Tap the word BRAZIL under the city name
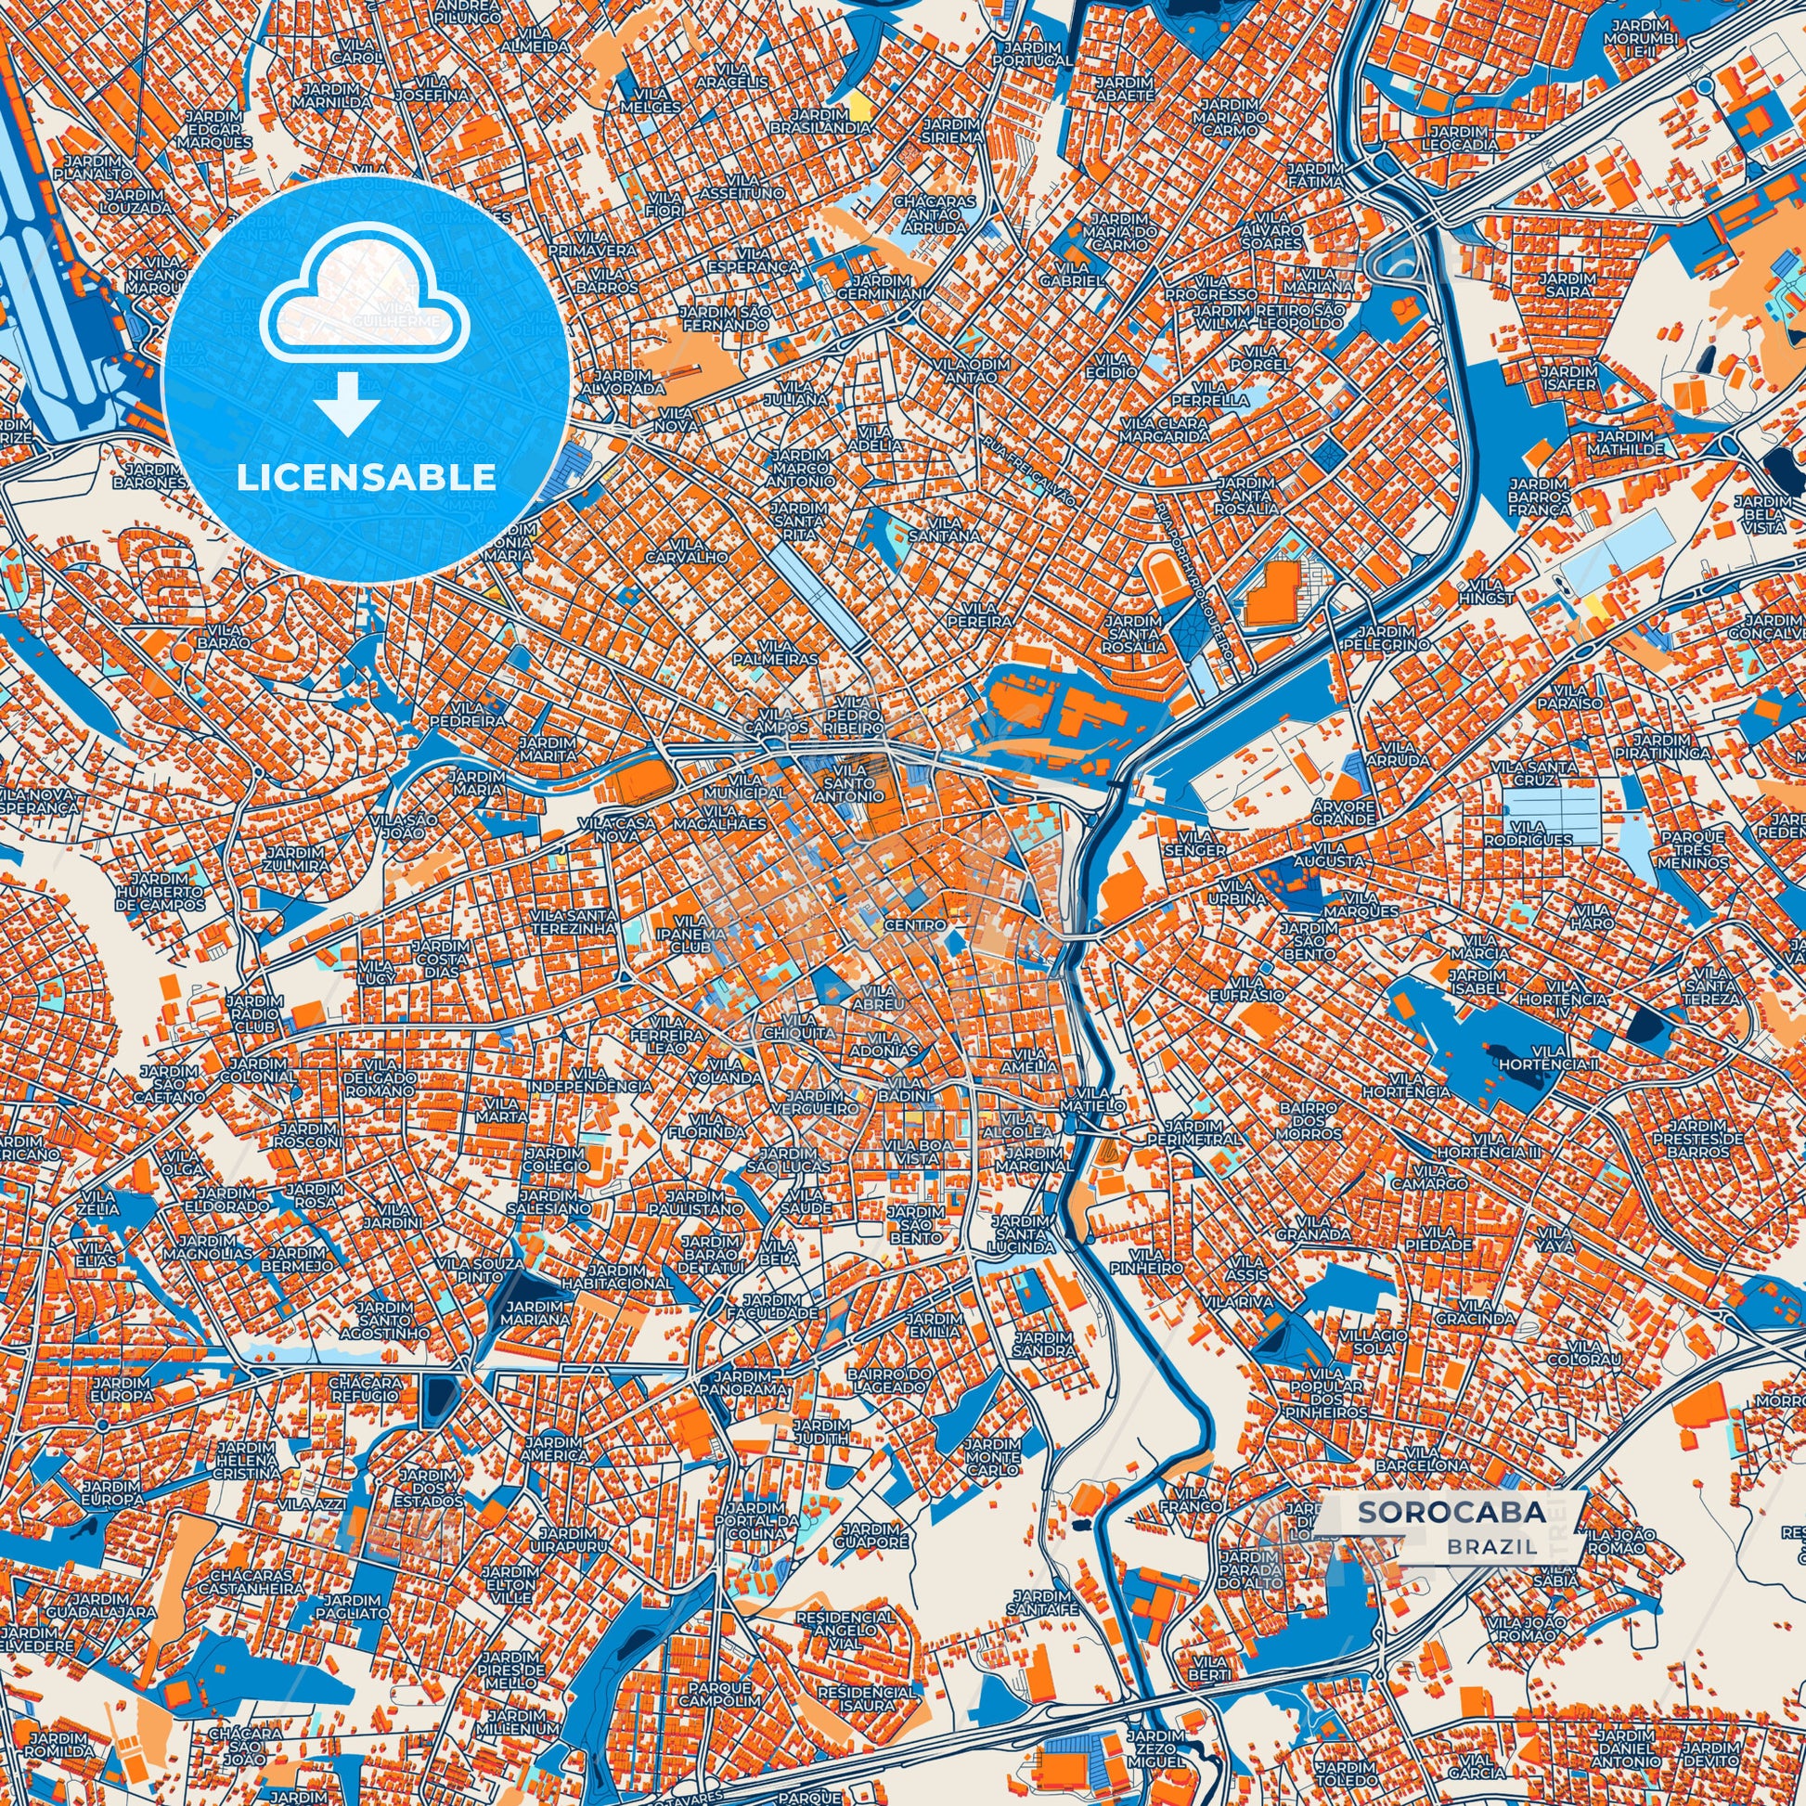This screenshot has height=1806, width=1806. [1492, 1546]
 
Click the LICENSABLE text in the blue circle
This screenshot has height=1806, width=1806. [367, 478]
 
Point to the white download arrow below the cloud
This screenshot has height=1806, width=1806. [347, 403]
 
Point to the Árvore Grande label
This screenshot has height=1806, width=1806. [1343, 812]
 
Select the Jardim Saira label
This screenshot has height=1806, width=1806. [1567, 284]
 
